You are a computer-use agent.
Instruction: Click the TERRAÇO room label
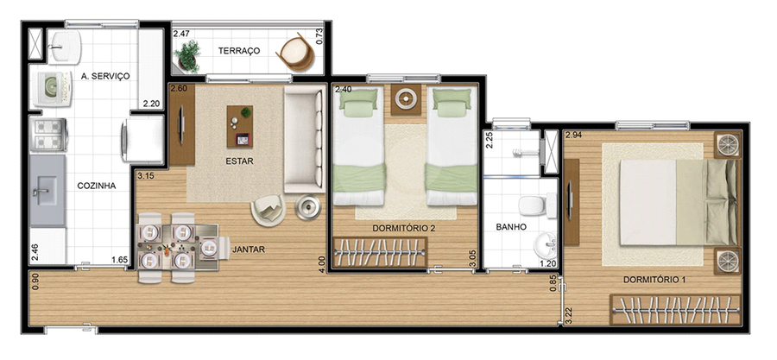pyautogui.click(x=239, y=51)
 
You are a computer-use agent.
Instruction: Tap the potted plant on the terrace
pyautogui.click(x=187, y=55)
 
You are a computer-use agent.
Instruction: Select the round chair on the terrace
pyautogui.click(x=296, y=52)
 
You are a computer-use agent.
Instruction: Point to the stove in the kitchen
pyautogui.click(x=48, y=135)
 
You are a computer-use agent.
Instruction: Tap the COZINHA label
pyautogui.click(x=97, y=186)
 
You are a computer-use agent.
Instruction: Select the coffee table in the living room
pyautogui.click(x=240, y=126)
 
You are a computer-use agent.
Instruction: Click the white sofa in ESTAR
pyautogui.click(x=304, y=139)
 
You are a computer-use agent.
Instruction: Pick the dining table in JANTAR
pyautogui.click(x=178, y=247)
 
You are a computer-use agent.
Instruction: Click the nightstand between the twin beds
pyautogui.click(x=406, y=99)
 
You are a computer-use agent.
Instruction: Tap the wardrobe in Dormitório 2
pyautogui.click(x=379, y=252)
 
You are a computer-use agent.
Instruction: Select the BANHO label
pyautogui.click(x=511, y=227)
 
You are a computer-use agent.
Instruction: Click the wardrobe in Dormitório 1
pyautogui.click(x=675, y=310)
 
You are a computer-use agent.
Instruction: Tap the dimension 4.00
pyautogui.click(x=322, y=264)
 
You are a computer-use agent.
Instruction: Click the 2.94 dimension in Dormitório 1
pyautogui.click(x=573, y=135)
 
